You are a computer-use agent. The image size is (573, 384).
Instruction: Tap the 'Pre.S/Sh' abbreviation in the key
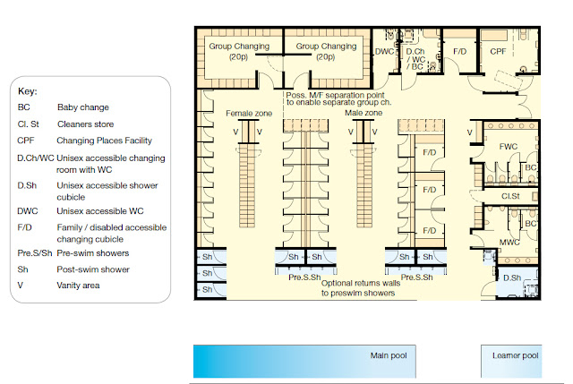coord(36,253)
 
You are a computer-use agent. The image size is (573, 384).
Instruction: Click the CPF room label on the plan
coord(499,52)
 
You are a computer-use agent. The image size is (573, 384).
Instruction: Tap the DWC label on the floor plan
coord(385,52)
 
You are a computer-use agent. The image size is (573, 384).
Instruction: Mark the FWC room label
coord(508,146)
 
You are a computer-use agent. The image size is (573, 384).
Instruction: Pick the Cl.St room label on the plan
coord(511,195)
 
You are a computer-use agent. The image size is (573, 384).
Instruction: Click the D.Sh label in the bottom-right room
coord(511,278)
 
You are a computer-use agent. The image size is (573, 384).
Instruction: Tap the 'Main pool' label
coord(389,356)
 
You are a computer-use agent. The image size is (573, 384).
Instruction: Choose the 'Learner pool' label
coord(516,356)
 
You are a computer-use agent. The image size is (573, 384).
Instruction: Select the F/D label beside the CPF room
coord(460,52)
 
